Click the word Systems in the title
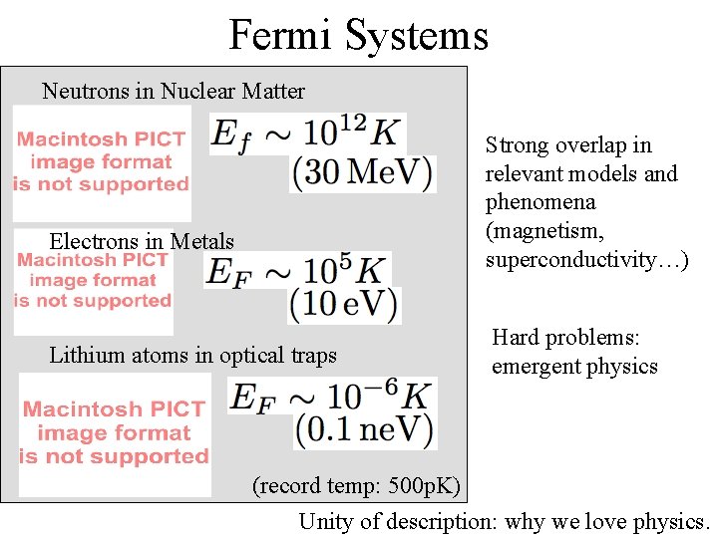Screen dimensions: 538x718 tap(417, 35)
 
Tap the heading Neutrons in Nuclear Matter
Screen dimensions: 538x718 tap(174, 92)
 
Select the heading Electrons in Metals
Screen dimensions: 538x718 tap(142, 241)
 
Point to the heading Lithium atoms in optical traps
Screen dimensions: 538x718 tap(193, 356)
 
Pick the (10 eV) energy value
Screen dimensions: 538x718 tap(345, 304)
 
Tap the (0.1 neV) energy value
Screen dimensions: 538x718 tap(365, 429)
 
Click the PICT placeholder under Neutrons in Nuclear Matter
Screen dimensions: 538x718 tap(102, 162)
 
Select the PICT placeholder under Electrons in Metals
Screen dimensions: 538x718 tap(94, 281)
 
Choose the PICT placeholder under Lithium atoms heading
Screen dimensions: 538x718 tap(115, 433)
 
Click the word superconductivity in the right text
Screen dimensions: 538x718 tap(578, 260)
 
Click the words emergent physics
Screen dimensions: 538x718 tap(574, 367)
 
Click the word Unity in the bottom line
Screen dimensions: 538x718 tap(323, 521)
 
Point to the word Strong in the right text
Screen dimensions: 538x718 tap(515, 145)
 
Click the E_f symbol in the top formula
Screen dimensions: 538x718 tap(231, 135)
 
